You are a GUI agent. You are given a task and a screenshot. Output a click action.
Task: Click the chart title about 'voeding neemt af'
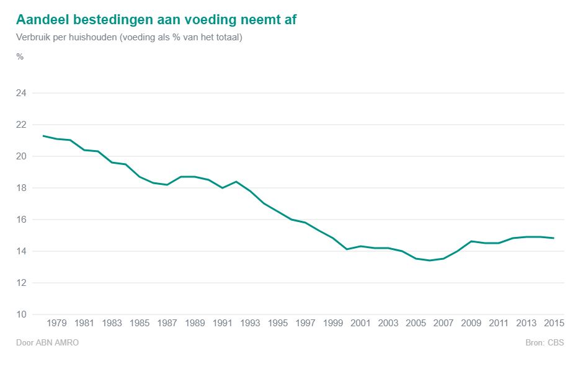coord(156,19)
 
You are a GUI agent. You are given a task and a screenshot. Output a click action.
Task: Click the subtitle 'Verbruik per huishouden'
coord(129,37)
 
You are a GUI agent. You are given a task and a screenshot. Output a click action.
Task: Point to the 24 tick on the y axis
coord(20,93)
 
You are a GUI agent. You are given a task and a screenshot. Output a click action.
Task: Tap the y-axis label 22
coord(20,125)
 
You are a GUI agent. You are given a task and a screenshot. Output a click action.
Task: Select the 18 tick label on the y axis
coord(20,188)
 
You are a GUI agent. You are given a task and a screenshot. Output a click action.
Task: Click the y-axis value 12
coord(20,283)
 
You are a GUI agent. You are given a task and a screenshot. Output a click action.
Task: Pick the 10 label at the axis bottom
coord(20,314)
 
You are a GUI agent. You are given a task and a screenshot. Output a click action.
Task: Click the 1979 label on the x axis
coord(56,323)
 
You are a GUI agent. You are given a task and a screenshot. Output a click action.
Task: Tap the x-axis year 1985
coord(140,323)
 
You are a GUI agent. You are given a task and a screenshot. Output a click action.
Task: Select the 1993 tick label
coord(250,323)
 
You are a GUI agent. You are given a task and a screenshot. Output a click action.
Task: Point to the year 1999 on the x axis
coord(333,323)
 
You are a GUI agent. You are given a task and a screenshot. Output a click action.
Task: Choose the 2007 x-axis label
coord(443,323)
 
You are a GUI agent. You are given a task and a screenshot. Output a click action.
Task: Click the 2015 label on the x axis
coord(554,323)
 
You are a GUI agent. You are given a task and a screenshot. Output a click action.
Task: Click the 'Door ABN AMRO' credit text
coord(47,342)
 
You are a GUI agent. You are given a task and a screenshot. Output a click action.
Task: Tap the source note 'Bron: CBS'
coord(544,342)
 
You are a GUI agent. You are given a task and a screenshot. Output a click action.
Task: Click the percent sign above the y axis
coord(20,56)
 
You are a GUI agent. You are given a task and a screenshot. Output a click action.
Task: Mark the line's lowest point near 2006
coord(429,260)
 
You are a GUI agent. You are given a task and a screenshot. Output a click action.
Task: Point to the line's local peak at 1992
coord(236,182)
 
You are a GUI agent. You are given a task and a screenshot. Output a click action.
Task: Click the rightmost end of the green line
coord(554,238)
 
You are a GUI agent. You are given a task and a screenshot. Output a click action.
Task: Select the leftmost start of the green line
coord(43,136)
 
